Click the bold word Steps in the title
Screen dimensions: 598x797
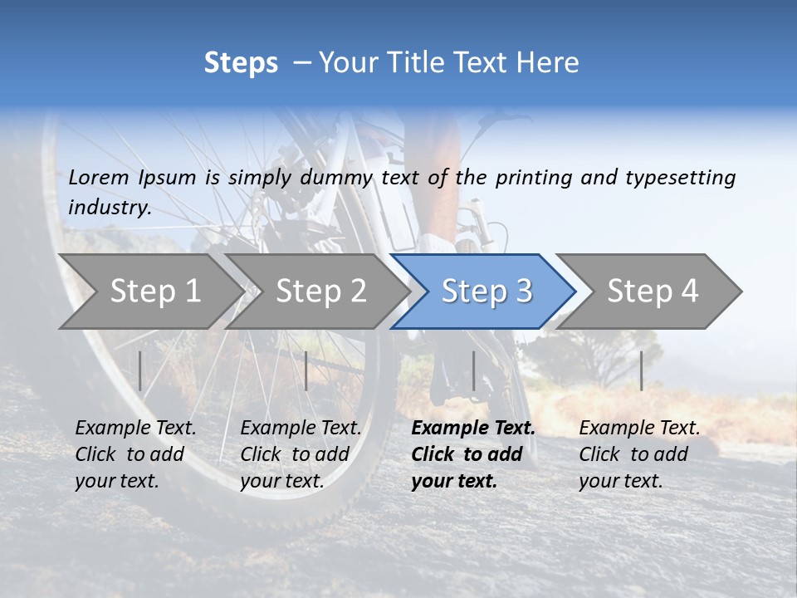click(241, 63)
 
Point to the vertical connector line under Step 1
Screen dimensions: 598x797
click(140, 370)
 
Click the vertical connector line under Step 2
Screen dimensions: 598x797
click(306, 370)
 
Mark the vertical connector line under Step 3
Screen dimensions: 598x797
click(473, 370)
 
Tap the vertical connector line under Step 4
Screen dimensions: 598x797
click(641, 370)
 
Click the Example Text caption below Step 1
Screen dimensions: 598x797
click(135, 454)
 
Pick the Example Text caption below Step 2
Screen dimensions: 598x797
click(301, 454)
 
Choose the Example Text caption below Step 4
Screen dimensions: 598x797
click(639, 454)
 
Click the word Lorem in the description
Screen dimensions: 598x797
click(99, 177)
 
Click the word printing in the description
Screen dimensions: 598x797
click(535, 177)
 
